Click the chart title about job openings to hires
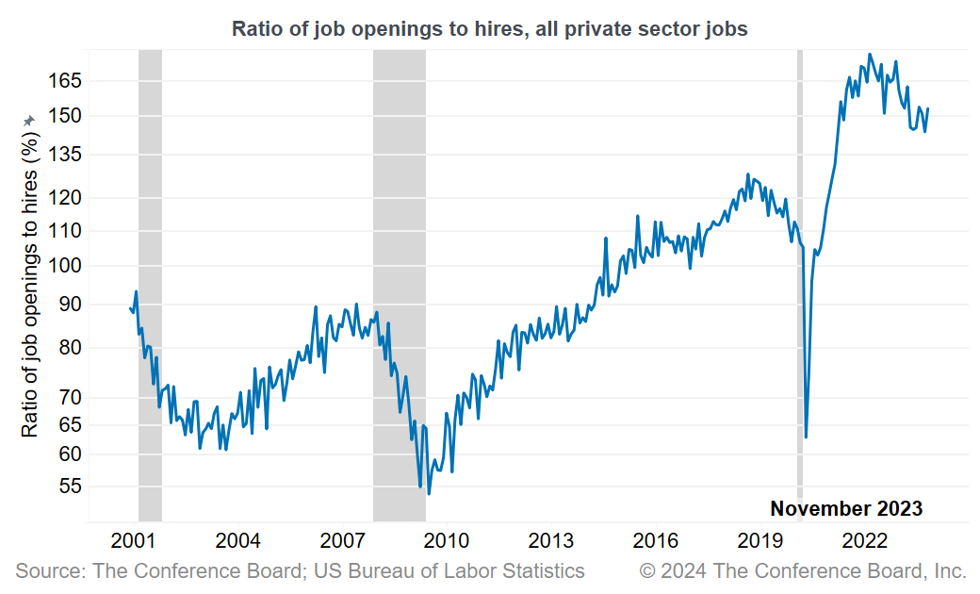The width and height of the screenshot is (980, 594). tap(489, 29)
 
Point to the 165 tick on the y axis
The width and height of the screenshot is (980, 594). tap(66, 81)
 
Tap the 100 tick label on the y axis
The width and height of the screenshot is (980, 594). tap(66, 266)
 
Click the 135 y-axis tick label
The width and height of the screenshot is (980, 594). tap(66, 155)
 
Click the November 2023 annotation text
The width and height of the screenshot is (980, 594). tap(846, 509)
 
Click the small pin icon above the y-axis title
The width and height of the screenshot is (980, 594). tap(29, 120)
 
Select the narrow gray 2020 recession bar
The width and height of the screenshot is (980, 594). tap(800, 283)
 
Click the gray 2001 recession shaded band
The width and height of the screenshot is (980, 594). tap(150, 283)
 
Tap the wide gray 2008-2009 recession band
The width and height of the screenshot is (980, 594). tap(399, 283)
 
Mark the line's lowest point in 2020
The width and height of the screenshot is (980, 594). tap(806, 437)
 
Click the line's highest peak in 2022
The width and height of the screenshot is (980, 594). tap(869, 55)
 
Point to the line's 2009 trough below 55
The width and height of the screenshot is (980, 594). tap(429, 493)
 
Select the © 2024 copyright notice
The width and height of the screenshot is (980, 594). tap(803, 570)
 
